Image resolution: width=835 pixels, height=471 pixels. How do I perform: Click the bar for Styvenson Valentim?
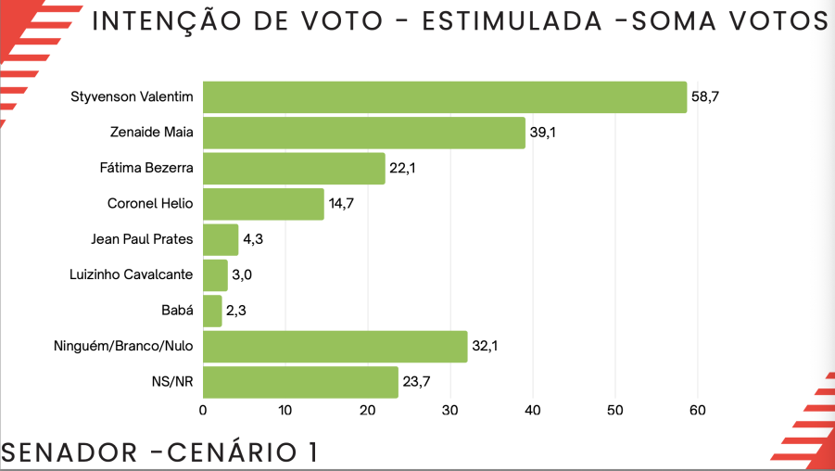pyautogui.click(x=445, y=97)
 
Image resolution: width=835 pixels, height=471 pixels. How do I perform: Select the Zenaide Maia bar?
pyautogui.click(x=364, y=133)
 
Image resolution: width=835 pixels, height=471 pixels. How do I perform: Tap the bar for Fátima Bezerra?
pyautogui.click(x=294, y=168)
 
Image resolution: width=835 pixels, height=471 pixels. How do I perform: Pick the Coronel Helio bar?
pyautogui.click(x=263, y=204)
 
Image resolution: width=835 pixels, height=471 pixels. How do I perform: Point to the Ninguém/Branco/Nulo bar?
pyautogui.click(x=335, y=347)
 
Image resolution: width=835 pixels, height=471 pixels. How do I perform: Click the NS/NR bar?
pyautogui.click(x=300, y=382)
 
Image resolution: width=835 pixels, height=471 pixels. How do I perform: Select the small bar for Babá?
pyautogui.click(x=212, y=311)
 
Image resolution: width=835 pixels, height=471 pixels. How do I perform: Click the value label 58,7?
pyautogui.click(x=705, y=97)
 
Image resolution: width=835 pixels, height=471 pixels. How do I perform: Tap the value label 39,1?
pyautogui.click(x=543, y=133)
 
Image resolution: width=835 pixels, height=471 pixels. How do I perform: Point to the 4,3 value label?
pyautogui.click(x=254, y=239)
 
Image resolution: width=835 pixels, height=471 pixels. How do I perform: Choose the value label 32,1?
pyautogui.click(x=486, y=347)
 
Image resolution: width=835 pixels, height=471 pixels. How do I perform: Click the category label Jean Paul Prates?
pyautogui.click(x=142, y=239)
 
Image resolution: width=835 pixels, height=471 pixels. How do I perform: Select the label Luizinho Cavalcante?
pyautogui.click(x=131, y=274)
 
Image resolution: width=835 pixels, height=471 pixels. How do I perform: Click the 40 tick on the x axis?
pyautogui.click(x=533, y=410)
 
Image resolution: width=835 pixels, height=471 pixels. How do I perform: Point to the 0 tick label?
pyautogui.click(x=203, y=410)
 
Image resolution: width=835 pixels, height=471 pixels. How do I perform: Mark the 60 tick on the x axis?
pyautogui.click(x=698, y=410)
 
